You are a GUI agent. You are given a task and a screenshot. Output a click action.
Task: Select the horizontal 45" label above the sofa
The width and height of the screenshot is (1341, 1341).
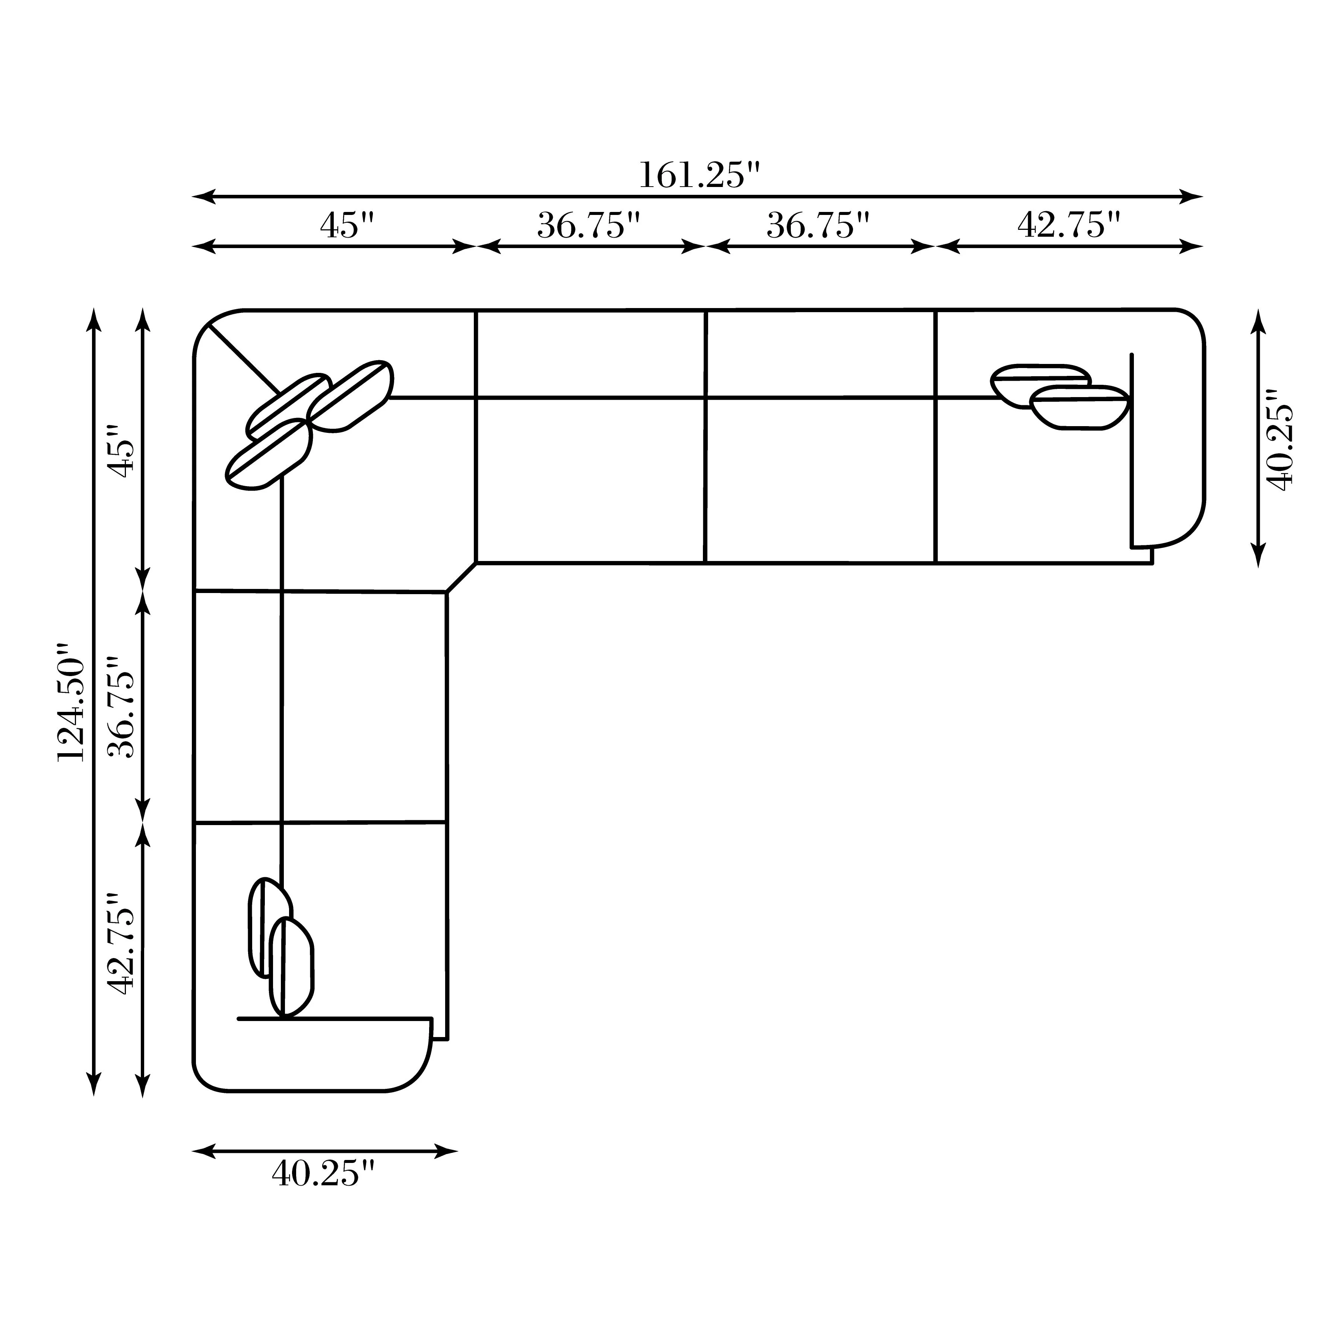[x=347, y=226]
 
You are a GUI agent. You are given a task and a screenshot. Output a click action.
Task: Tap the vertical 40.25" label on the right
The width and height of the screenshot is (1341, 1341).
[x=1280, y=440]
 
